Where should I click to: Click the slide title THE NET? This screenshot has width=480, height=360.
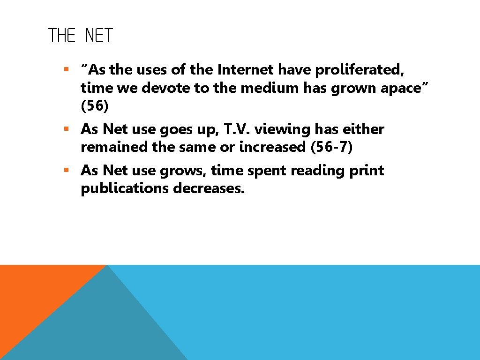coord(81,36)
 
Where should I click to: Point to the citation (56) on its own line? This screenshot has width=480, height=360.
coord(95,106)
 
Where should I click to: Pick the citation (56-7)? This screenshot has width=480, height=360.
coord(331,147)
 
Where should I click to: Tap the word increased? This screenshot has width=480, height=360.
coord(273,147)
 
